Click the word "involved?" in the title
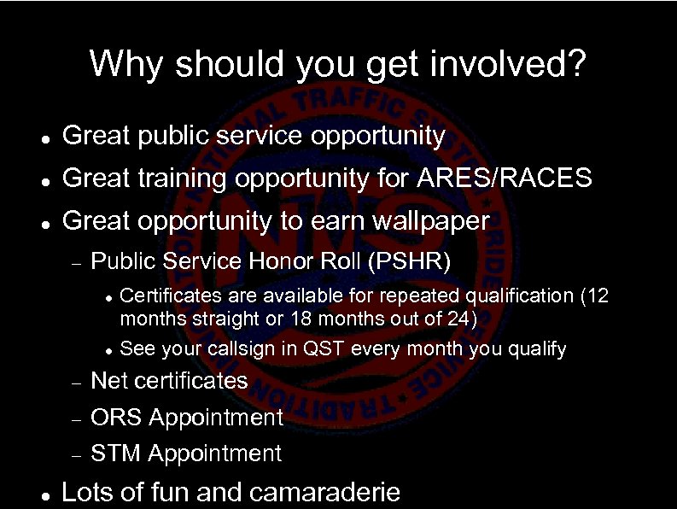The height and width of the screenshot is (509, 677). tap(517, 64)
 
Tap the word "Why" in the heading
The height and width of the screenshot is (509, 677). tap(120, 64)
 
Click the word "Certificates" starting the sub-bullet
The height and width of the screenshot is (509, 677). tap(168, 296)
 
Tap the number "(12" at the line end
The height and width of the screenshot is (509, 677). tap(594, 296)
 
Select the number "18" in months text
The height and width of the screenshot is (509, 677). tap(305, 319)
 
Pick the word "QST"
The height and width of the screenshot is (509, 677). tap(325, 349)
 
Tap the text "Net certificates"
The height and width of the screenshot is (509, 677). tap(169, 380)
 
